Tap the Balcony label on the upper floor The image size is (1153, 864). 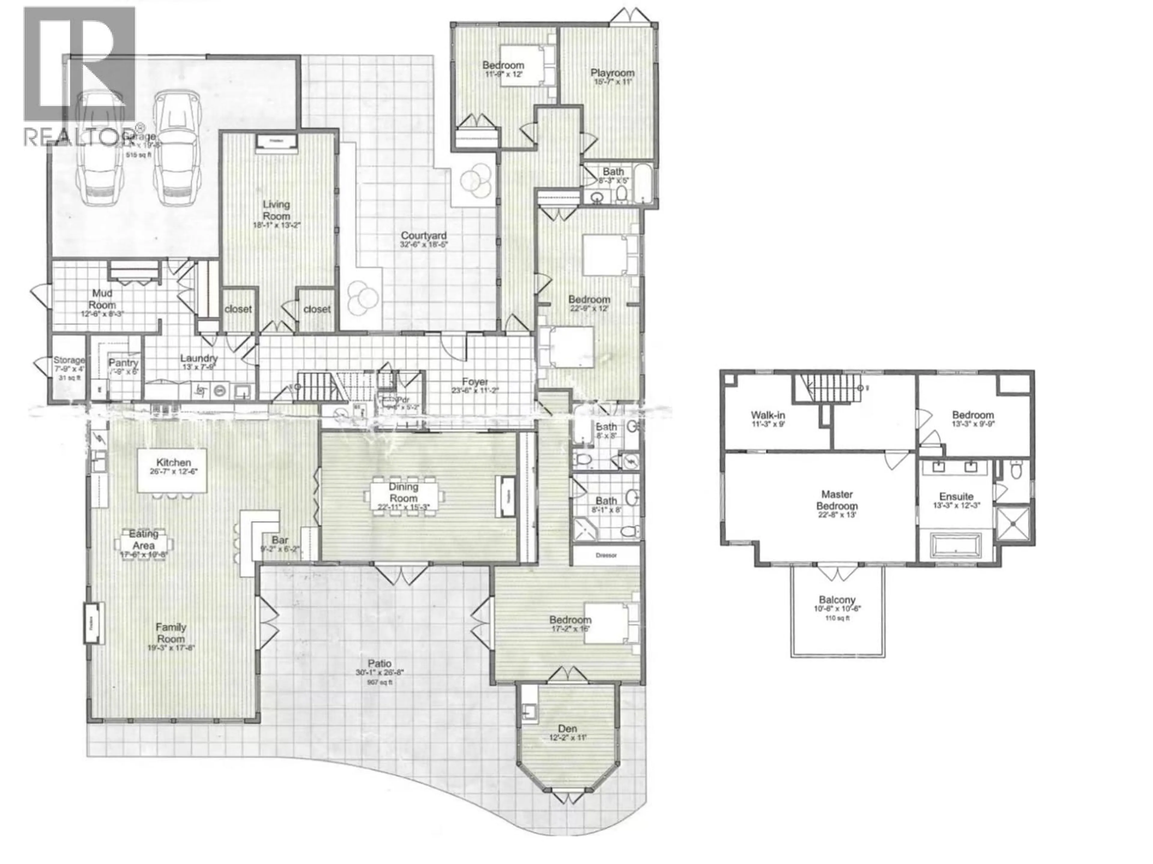tap(837, 599)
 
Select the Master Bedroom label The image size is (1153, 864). tap(837, 500)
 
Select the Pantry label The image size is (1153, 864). tap(123, 363)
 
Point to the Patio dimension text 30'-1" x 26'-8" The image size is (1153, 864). tap(380, 672)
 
